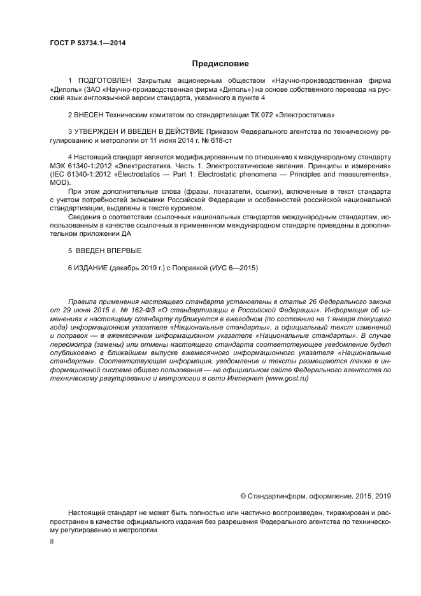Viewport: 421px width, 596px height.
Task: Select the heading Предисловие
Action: pyautogui.click(x=219, y=64)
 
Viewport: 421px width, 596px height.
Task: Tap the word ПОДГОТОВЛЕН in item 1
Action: pyautogui.click(x=106, y=82)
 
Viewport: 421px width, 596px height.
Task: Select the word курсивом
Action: pyautogui.click(x=187, y=208)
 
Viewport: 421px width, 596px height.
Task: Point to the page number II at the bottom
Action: pyautogui.click(x=52, y=541)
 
